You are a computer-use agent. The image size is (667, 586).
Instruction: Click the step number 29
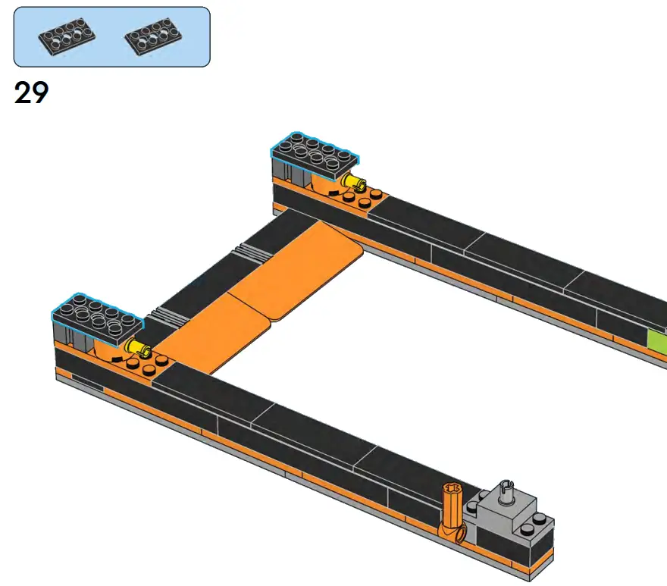coord(31,92)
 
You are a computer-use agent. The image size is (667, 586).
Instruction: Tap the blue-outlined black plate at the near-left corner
coord(96,315)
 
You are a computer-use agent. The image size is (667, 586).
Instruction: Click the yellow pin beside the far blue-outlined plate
coord(353,182)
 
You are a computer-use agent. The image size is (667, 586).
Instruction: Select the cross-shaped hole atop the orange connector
coord(452,490)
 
